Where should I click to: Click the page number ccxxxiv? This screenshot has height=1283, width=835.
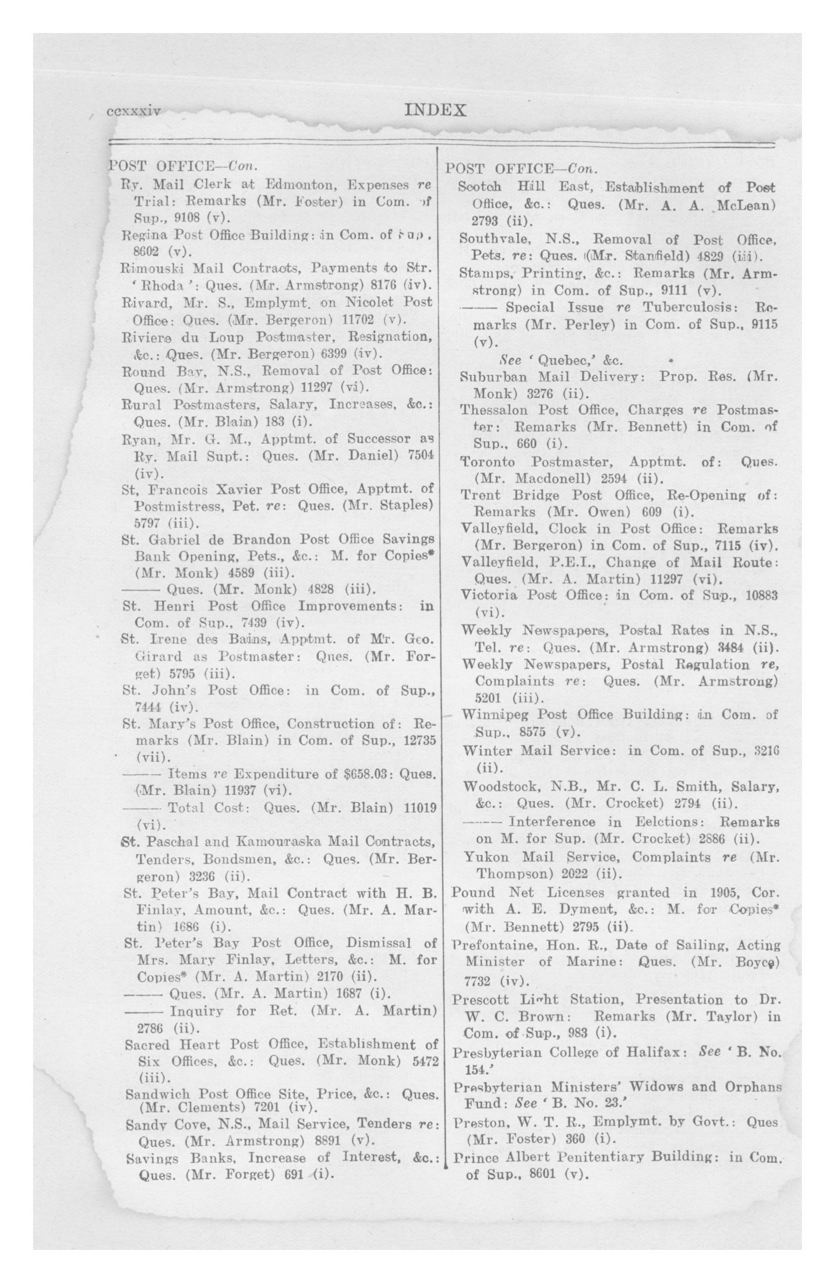(x=134, y=112)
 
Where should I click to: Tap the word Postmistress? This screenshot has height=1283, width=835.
(x=182, y=506)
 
